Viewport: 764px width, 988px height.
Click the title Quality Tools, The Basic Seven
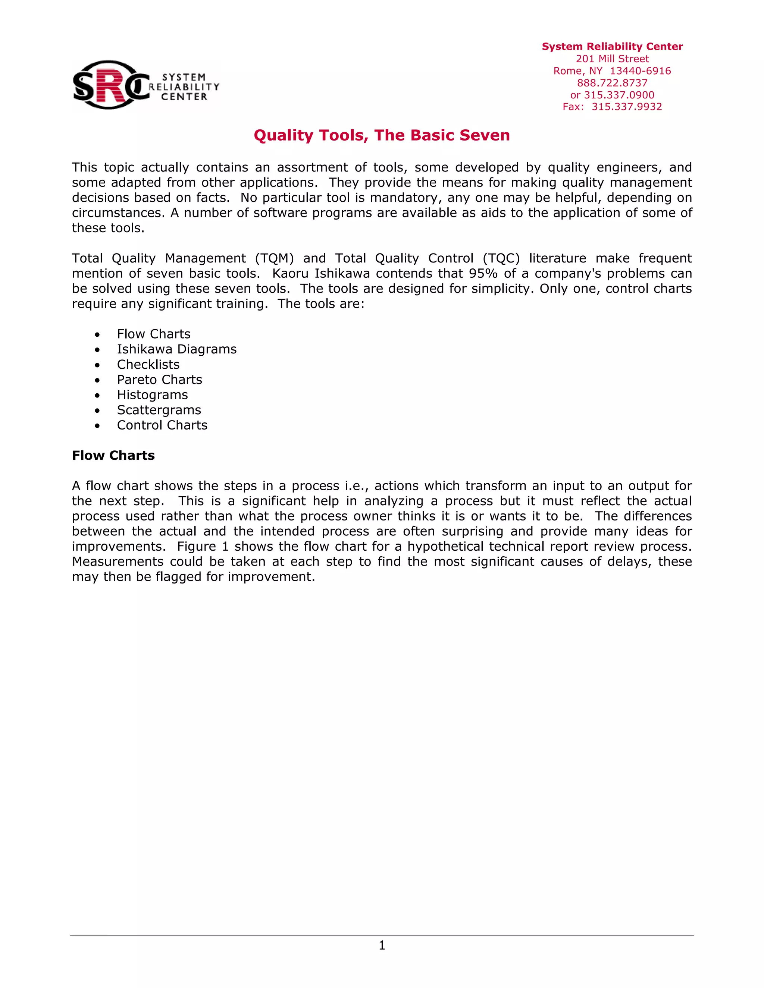382,135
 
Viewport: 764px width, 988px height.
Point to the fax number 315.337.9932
626,107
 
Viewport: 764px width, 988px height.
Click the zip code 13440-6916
640,71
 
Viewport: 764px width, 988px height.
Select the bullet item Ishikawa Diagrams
176,349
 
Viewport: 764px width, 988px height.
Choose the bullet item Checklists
148,365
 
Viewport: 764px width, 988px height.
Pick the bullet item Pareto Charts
159,380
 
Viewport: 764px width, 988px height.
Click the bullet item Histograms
152,395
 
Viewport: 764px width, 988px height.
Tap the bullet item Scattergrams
159,410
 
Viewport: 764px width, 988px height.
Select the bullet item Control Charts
162,425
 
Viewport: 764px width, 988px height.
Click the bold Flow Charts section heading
113,456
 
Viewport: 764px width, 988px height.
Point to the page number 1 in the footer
382,945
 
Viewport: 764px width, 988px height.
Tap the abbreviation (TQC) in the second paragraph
501,258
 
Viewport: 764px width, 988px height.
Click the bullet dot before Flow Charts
97,335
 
